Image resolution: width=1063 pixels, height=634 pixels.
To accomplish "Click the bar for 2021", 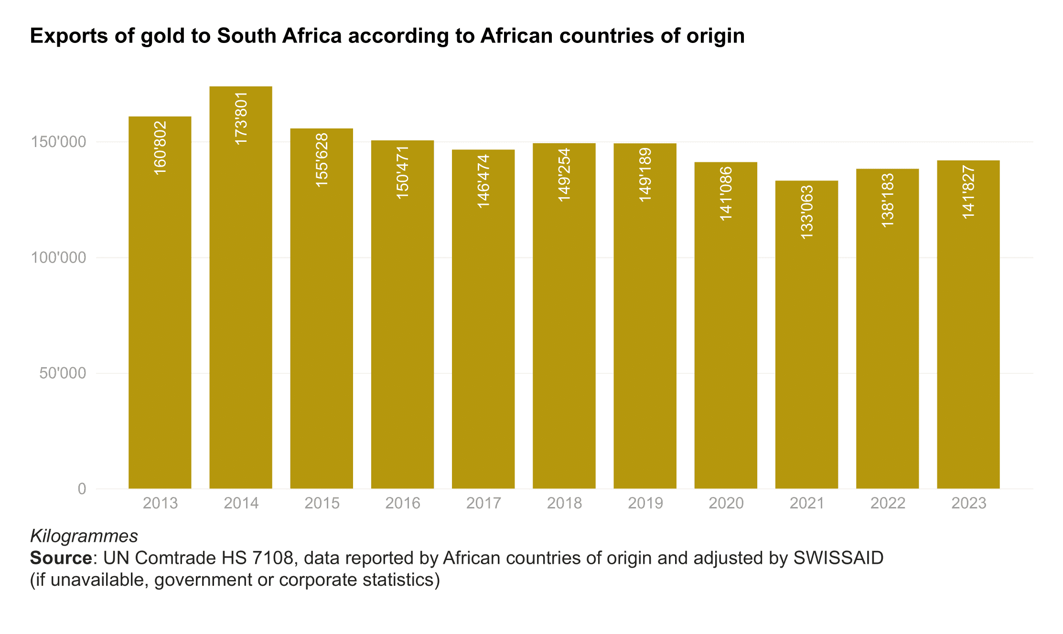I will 806,334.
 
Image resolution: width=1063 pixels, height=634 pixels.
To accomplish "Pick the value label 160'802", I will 160,148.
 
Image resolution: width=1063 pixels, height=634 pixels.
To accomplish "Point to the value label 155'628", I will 322,160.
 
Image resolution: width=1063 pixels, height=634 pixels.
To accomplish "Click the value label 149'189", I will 645,175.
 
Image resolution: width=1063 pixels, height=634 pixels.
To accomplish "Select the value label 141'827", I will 968,192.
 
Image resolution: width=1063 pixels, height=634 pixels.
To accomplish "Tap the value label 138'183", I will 887,201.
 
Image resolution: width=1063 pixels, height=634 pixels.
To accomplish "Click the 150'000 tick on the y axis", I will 58,142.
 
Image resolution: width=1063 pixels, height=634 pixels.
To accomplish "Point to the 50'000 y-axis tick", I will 63,373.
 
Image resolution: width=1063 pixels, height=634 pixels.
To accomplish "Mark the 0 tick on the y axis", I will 82,488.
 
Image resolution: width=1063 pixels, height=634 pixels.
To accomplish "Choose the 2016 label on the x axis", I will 403,503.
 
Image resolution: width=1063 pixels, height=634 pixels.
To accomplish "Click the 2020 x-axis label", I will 726,503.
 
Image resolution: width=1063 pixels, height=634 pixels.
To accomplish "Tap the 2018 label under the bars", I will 564,503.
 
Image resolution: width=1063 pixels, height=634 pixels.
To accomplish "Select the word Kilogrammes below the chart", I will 84,536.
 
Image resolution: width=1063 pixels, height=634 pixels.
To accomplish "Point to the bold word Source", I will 61,558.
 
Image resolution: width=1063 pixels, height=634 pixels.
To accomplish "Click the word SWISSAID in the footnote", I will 838,558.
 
